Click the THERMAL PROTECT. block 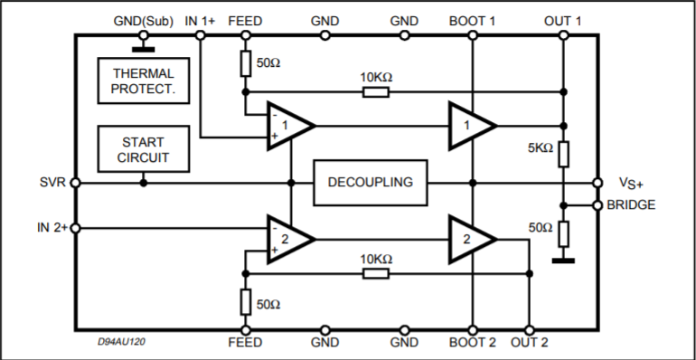click(x=144, y=81)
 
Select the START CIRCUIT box click(x=144, y=149)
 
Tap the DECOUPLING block click(x=371, y=183)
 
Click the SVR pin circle click(x=75, y=183)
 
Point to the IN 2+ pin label click(x=52, y=228)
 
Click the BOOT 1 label click(x=472, y=21)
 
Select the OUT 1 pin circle click(x=563, y=35)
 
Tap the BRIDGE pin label click(x=631, y=205)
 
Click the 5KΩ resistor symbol click(x=563, y=155)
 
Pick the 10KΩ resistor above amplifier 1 click(x=376, y=92)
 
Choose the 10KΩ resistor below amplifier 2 click(x=376, y=273)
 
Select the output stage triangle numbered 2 click(x=473, y=239)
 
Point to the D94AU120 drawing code click(x=121, y=342)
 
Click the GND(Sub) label click(x=144, y=21)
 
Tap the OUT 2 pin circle click(x=529, y=330)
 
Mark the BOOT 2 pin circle click(x=473, y=330)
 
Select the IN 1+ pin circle click(x=200, y=35)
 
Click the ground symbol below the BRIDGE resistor click(x=563, y=261)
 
